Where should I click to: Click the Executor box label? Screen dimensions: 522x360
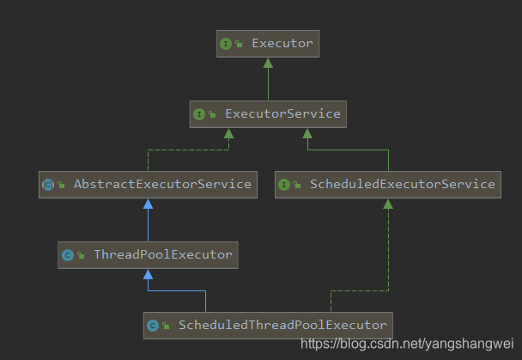(x=282, y=43)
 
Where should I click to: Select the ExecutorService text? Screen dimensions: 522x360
(x=282, y=113)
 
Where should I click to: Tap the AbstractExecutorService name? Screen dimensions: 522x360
(x=162, y=184)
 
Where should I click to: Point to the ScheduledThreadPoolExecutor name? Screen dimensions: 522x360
(x=282, y=325)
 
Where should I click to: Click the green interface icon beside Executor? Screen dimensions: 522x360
(x=226, y=43)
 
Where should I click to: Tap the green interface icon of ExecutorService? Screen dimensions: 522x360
(x=198, y=113)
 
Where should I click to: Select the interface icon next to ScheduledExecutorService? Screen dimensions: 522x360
(x=284, y=184)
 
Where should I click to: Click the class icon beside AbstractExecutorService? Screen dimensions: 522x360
(x=48, y=184)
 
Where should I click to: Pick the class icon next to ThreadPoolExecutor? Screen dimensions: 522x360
(x=67, y=254)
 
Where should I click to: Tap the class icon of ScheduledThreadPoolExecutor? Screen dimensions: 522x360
(x=153, y=325)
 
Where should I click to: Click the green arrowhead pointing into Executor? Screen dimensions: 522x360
(x=268, y=63)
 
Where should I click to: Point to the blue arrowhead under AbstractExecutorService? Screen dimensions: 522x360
(x=148, y=204)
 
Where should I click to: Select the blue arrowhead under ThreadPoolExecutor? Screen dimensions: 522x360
(x=148, y=274)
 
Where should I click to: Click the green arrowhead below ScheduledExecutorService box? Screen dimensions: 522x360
(x=388, y=204)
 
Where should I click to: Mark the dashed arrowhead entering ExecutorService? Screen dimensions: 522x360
(x=228, y=133)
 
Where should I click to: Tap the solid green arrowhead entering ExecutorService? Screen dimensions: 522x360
(x=307, y=133)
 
